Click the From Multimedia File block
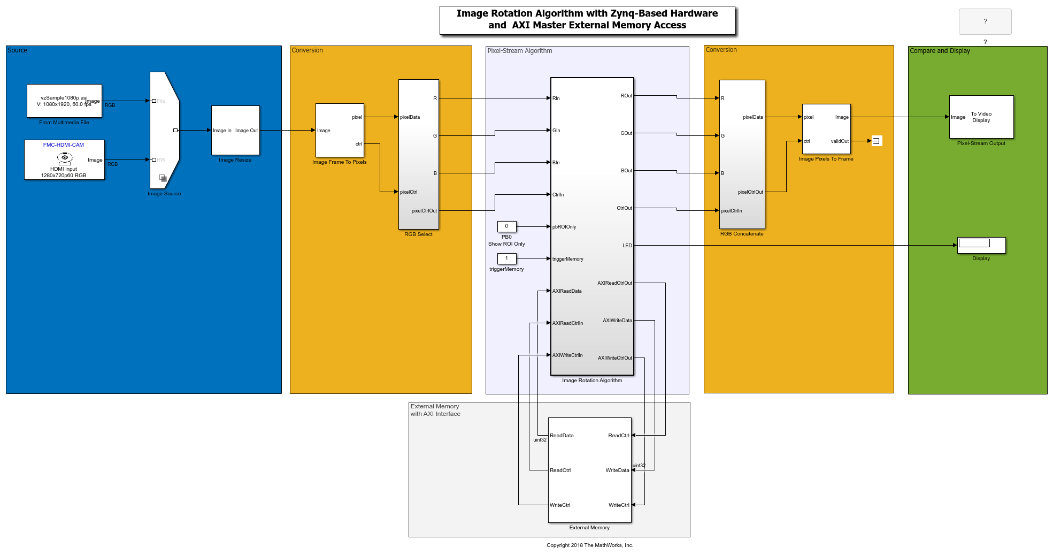point(64,101)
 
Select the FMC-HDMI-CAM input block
point(64,159)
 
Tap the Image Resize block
point(235,130)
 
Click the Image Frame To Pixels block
point(340,130)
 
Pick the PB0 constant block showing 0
point(506,226)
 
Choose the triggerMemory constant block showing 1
point(506,259)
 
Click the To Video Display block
point(981,117)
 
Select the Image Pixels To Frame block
point(826,129)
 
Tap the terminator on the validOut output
point(877,141)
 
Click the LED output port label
point(627,246)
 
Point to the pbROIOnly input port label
point(564,227)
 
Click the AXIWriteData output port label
point(617,321)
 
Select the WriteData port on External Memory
point(617,470)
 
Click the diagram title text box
point(587,20)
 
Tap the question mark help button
point(985,21)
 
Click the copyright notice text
point(589,545)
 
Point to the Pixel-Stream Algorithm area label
point(519,51)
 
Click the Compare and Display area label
point(940,51)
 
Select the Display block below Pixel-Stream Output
point(981,245)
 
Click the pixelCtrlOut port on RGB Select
point(424,211)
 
